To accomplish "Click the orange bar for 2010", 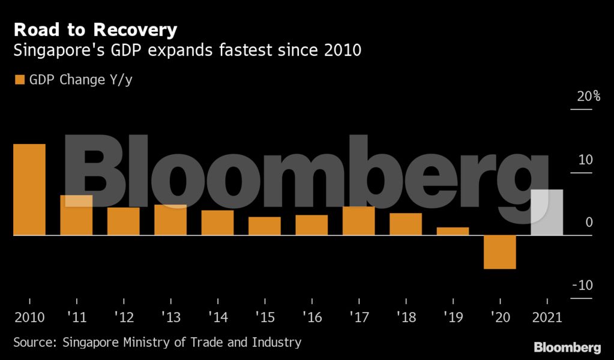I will point(29,190).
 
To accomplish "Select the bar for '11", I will point(76,215).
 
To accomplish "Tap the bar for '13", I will point(170,220).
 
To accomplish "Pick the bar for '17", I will point(358,221).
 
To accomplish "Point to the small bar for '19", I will point(453,232).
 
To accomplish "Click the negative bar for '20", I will point(499,252).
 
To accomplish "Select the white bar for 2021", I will point(547,212).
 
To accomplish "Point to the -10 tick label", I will point(582,285).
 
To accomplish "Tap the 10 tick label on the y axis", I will point(586,160).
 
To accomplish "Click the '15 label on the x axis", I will point(265,317).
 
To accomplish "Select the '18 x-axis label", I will point(406,317).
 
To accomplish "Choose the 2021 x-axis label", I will point(546,317).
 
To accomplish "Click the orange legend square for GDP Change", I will point(19,80).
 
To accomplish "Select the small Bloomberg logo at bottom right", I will point(567,347).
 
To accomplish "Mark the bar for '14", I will point(217,223).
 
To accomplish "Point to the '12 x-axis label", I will point(124,317).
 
